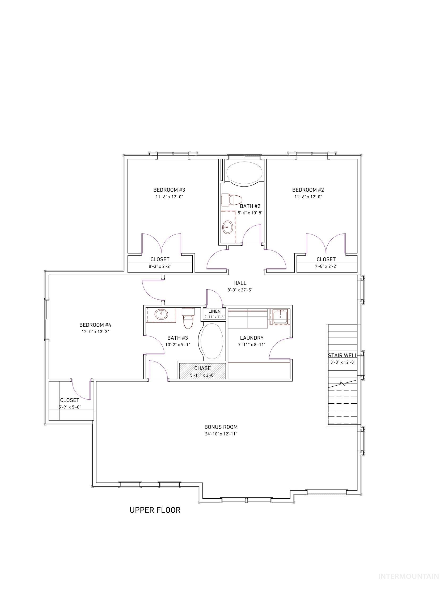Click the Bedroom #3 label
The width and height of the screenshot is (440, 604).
click(169, 190)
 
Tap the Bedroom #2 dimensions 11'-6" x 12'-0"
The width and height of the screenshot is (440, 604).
click(308, 197)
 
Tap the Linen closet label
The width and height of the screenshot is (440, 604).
click(214, 311)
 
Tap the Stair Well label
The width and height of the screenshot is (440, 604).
click(342, 355)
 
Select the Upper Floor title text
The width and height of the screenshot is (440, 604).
click(155, 510)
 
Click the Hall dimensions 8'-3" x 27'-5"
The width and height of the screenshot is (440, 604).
click(240, 290)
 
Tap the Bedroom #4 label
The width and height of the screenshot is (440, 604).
click(95, 325)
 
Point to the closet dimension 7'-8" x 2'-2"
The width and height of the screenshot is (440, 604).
click(326, 266)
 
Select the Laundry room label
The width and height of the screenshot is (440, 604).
click(251, 338)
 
